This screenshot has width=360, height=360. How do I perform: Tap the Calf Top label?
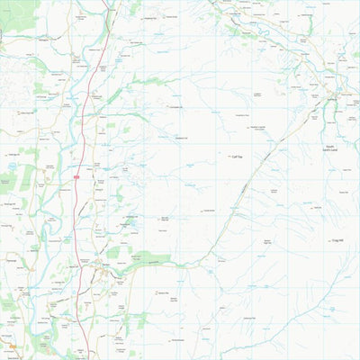point(238,156)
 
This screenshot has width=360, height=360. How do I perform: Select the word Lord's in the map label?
point(331,149)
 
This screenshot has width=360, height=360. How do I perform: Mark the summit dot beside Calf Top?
point(229,156)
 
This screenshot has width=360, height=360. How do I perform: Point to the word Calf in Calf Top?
point(235,156)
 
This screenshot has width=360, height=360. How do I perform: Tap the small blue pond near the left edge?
point(11,166)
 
